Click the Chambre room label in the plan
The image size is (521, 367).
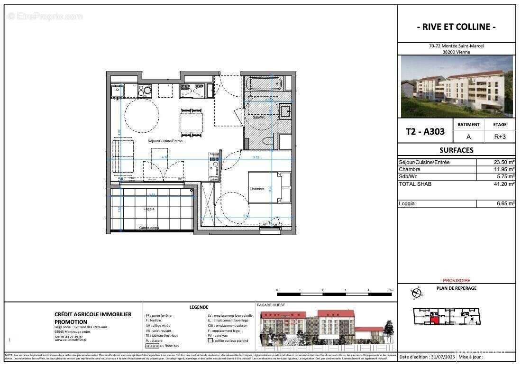pos(256,189)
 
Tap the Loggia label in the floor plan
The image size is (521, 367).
pos(149,209)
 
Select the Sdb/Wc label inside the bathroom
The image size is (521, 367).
pos(259,117)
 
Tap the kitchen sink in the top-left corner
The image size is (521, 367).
pos(116,90)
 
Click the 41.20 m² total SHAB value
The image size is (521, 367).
pos(504,184)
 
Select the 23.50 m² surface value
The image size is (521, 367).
pos(504,162)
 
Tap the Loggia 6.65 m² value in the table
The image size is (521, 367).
pos(504,203)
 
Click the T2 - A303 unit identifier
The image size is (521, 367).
pos(425,132)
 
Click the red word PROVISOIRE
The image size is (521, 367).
pos(456,280)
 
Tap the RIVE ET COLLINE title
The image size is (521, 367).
pos(456,27)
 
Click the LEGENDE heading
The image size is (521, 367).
pos(199,307)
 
